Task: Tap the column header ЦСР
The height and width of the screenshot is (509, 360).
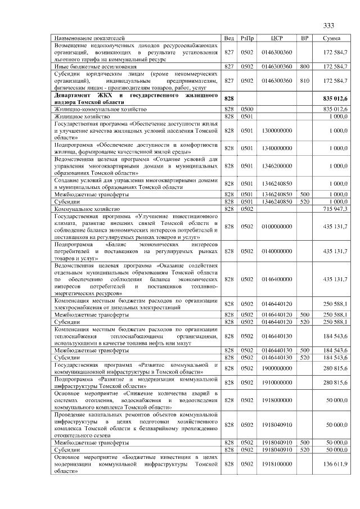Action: click(x=276, y=38)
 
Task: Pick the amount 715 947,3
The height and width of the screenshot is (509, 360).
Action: click(x=336, y=209)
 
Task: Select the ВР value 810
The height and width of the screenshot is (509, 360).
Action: click(x=305, y=80)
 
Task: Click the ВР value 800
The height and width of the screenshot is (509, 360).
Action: click(x=305, y=66)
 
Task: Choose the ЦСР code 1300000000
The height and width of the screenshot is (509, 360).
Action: click(x=277, y=130)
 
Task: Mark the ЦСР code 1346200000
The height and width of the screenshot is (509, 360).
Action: click(x=277, y=166)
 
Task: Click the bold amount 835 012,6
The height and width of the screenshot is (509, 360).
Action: click(x=336, y=98)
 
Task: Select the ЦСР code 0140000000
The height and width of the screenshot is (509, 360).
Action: click(x=277, y=251)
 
